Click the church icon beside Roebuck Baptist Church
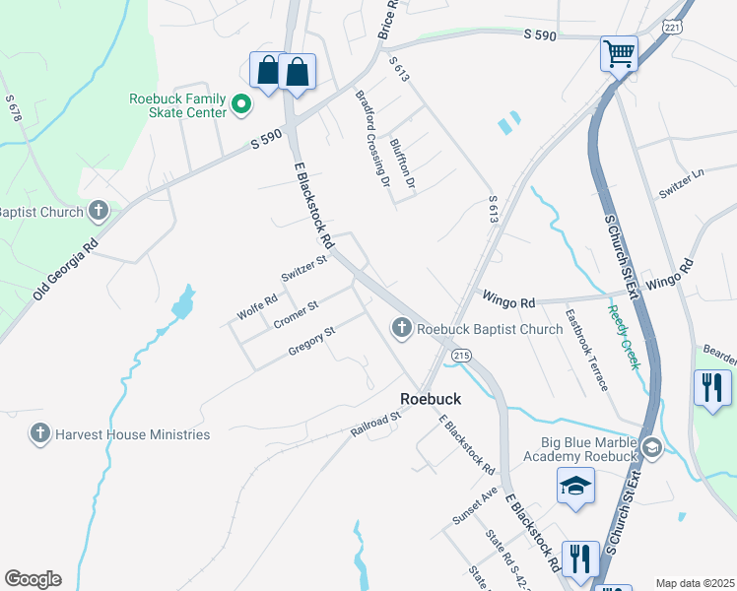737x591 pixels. coord(402,328)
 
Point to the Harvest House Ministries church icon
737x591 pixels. coord(39,433)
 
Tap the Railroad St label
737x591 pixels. coord(376,426)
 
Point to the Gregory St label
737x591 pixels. coord(312,340)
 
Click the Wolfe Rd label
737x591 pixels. coord(258,307)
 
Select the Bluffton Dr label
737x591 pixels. coord(403,164)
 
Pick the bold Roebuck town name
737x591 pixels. coord(431,398)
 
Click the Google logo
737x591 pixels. coord(33,578)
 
